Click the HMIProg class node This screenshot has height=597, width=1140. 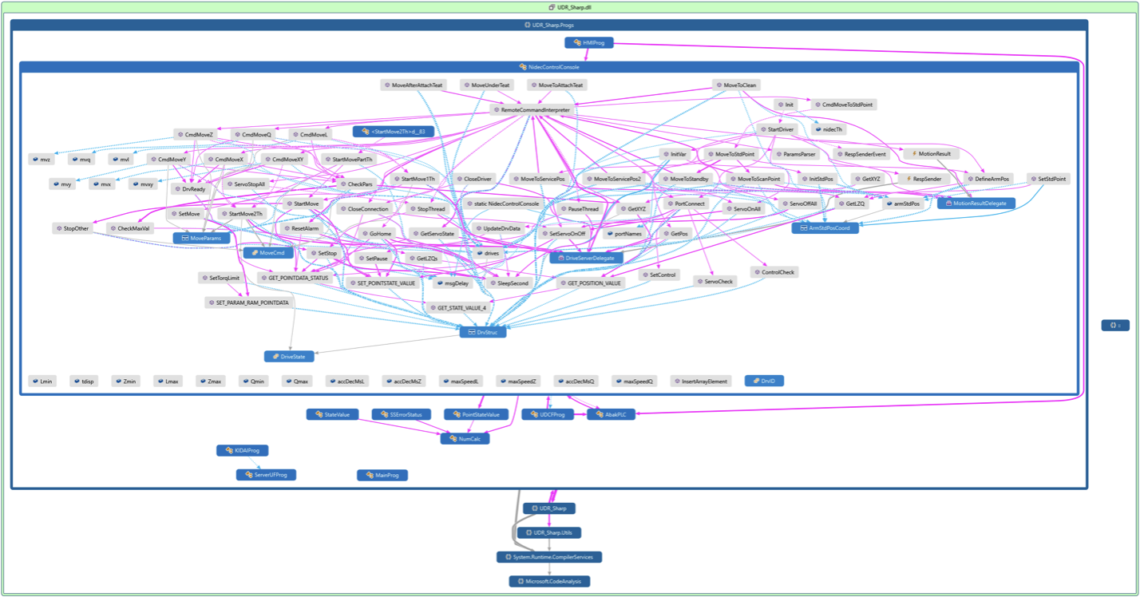pos(589,42)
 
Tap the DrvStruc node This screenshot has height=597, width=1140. pos(483,332)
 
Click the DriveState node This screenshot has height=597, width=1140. pos(289,356)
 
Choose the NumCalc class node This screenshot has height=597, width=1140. pos(465,438)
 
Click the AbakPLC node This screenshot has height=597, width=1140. pos(612,414)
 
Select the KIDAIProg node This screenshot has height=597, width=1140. pos(243,451)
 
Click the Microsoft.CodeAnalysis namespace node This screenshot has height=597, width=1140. pos(550,581)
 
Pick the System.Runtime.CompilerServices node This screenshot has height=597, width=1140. pos(549,556)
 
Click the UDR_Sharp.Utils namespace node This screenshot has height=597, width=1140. pos(550,532)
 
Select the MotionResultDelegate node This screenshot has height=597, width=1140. pos(976,204)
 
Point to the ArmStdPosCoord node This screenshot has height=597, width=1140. pos(825,228)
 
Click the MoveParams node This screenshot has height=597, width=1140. pos(202,238)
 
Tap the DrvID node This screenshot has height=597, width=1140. pos(765,381)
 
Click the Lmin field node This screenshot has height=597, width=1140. pos(42,382)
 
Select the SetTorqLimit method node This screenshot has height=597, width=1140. pos(220,278)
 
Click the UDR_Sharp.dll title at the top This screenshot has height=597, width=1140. pos(569,6)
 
